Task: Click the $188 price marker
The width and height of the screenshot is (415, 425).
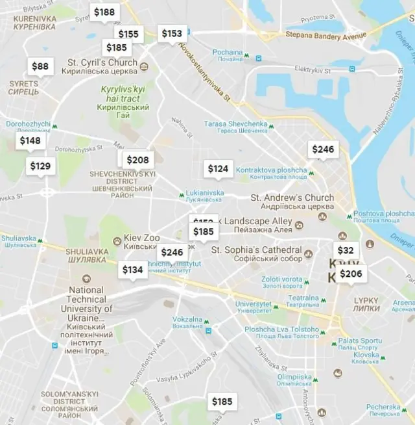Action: click(x=104, y=12)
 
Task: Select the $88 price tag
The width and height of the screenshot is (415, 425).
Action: click(x=40, y=66)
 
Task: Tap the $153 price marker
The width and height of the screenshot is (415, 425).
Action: click(x=172, y=33)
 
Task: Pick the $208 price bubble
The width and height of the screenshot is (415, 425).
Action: click(x=137, y=160)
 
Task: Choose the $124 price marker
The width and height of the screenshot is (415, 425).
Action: click(x=218, y=169)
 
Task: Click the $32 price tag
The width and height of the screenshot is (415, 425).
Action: click(x=346, y=250)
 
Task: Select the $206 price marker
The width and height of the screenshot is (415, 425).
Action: click(x=351, y=274)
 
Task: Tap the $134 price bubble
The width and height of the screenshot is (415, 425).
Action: click(x=133, y=270)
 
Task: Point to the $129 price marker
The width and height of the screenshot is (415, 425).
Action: click(x=40, y=166)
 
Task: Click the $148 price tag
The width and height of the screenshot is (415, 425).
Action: click(x=30, y=140)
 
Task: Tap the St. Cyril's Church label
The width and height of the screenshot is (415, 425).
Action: click(x=102, y=63)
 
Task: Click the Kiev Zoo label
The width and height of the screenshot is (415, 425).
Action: click(x=141, y=238)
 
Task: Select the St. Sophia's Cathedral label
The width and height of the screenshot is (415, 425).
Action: click(x=257, y=250)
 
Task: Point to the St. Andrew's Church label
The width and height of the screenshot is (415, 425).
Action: click(x=292, y=198)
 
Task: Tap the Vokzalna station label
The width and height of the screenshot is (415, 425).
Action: click(x=187, y=320)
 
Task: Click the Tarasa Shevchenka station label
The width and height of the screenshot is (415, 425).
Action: click(x=235, y=124)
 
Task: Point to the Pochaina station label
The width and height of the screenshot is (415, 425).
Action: click(x=228, y=52)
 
